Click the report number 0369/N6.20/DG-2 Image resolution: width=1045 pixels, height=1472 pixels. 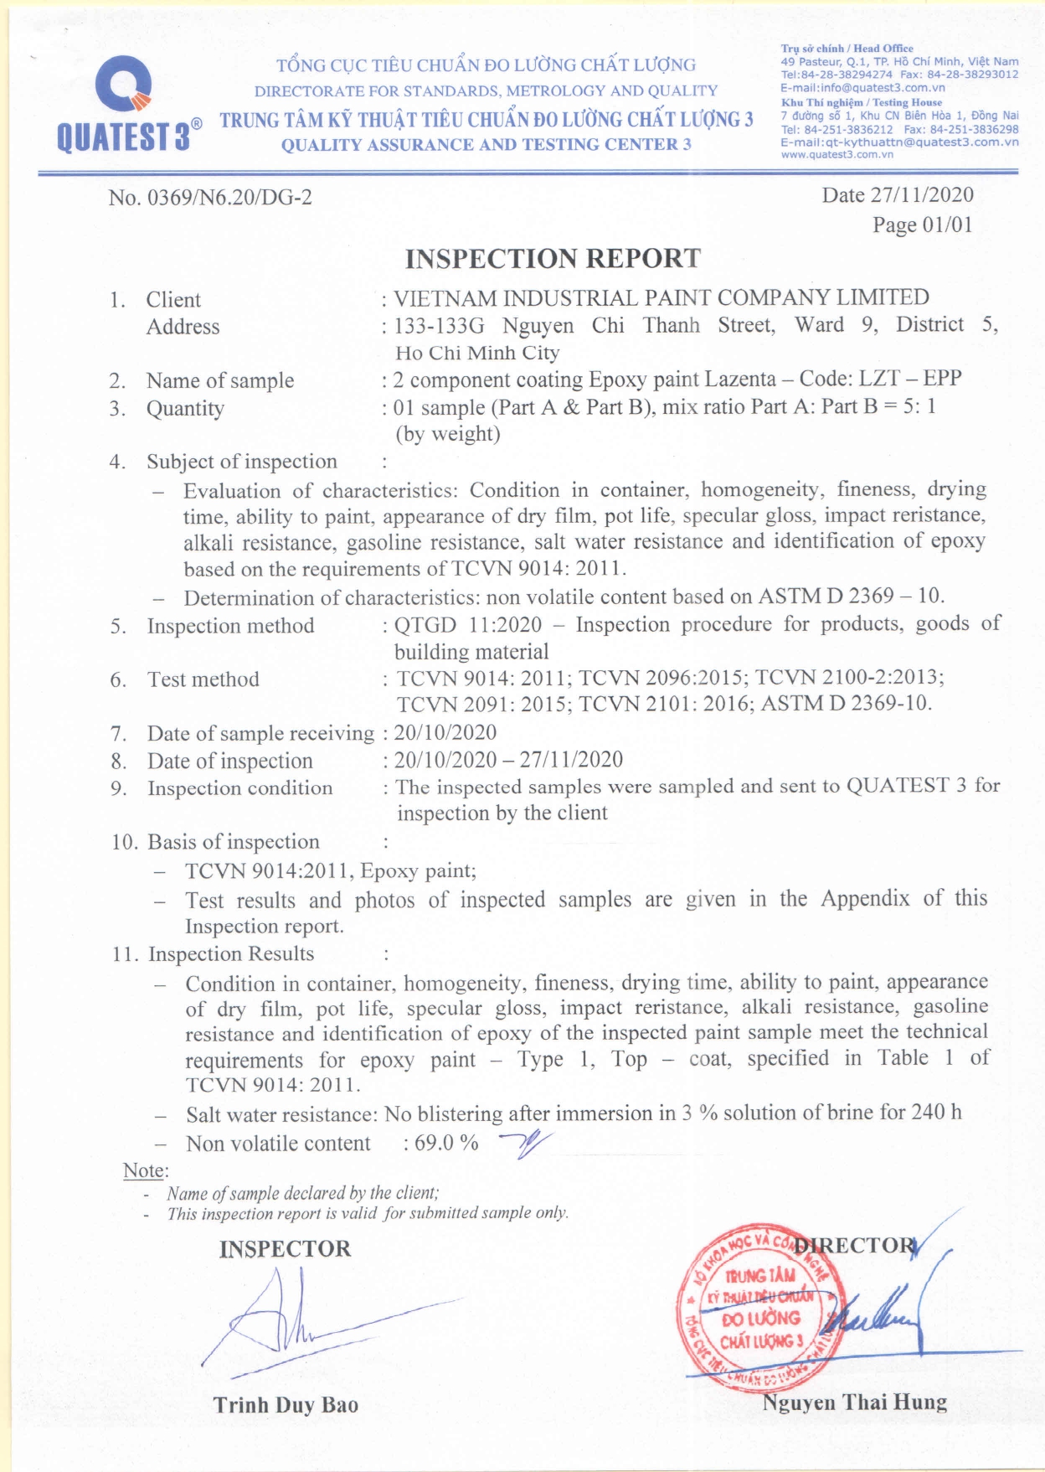pyautogui.click(x=229, y=198)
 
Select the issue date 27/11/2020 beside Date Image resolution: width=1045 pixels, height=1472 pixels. pyautogui.click(x=922, y=195)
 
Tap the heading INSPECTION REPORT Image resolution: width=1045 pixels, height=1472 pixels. pyautogui.click(x=553, y=258)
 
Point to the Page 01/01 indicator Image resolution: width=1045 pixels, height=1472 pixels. pyautogui.click(x=922, y=225)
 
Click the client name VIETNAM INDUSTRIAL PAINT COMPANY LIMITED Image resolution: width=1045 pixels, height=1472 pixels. pyautogui.click(x=661, y=297)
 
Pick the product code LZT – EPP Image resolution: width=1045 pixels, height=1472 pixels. pyautogui.click(x=910, y=379)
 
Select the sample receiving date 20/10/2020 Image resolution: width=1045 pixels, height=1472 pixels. pyautogui.click(x=445, y=732)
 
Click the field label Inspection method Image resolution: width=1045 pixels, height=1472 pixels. pyautogui.click(x=230, y=626)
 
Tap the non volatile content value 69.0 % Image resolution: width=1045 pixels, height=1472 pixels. pyautogui.click(x=446, y=1143)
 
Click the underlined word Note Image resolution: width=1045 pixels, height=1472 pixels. pyautogui.click(x=144, y=1170)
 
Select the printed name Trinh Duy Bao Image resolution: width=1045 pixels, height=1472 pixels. pyautogui.click(x=286, y=1405)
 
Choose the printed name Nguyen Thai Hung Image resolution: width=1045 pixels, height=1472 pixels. pyautogui.click(x=855, y=1402)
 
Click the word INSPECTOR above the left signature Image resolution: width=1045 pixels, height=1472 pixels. pyautogui.click(x=285, y=1249)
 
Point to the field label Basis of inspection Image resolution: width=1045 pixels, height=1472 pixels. pyautogui.click(x=234, y=842)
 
